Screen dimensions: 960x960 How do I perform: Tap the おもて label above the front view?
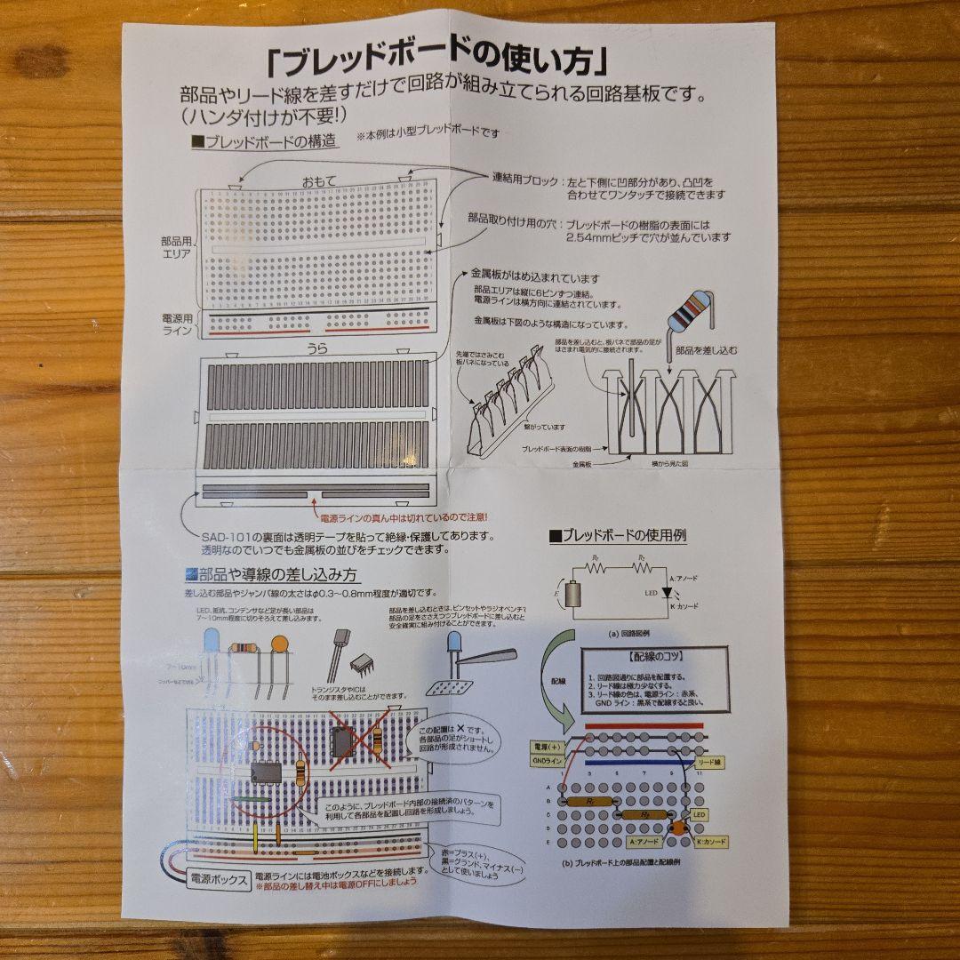click(x=318, y=181)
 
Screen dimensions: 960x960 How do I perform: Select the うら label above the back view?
click(x=316, y=349)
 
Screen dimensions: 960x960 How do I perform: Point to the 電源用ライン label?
click(x=178, y=323)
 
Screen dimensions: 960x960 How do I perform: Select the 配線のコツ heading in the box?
click(x=654, y=660)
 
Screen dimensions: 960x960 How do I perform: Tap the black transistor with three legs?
click(x=340, y=646)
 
